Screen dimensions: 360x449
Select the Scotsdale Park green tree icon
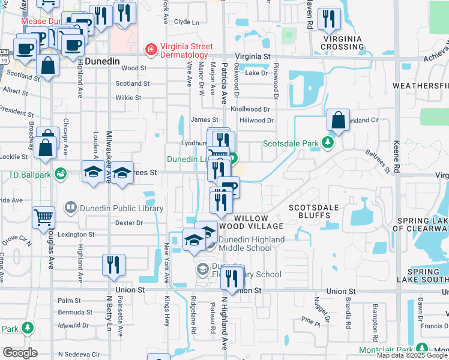(x=328, y=143)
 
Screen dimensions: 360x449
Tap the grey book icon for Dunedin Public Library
(x=71, y=208)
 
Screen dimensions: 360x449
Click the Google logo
(x=20, y=352)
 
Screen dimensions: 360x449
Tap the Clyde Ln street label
(x=186, y=22)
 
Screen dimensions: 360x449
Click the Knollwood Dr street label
(x=251, y=109)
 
